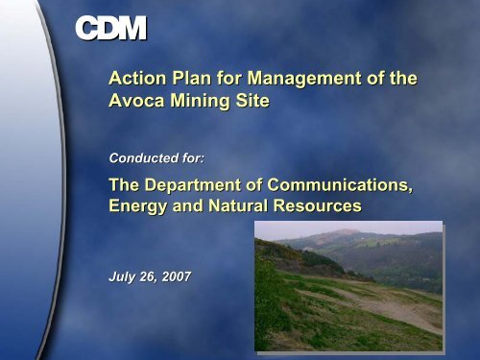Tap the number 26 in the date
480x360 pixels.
pyautogui.click(x=147, y=276)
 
